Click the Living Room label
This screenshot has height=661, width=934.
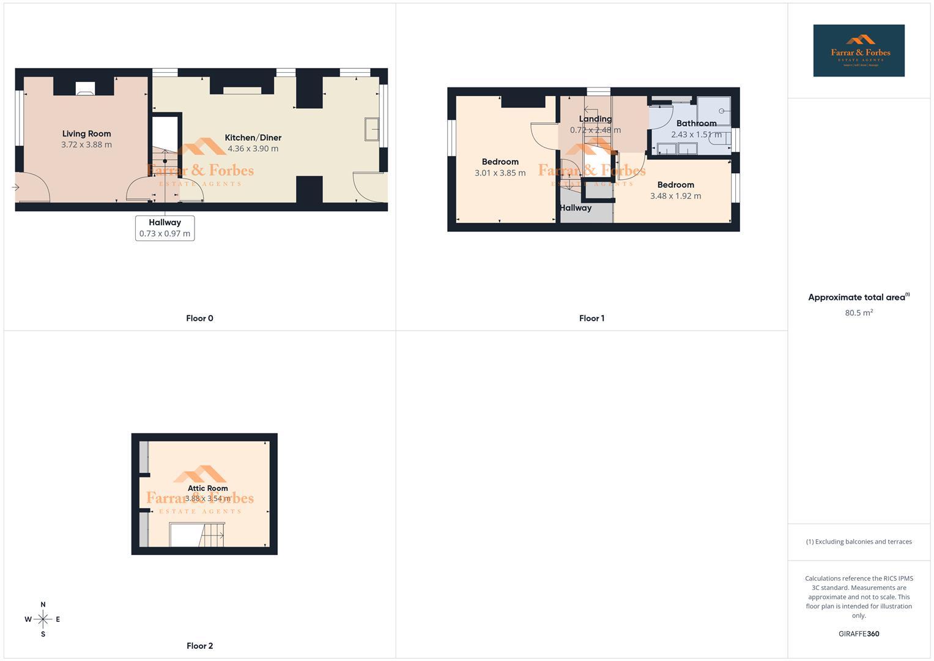[86, 134]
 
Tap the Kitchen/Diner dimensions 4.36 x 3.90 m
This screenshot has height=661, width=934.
[253, 149]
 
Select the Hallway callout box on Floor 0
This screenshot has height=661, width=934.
[165, 228]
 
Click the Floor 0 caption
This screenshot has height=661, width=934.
[199, 318]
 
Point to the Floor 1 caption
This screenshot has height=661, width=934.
[591, 318]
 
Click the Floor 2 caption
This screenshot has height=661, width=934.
[199, 646]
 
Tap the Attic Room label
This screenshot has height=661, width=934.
[207, 488]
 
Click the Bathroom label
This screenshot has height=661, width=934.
[696, 124]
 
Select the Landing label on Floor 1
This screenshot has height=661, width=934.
[595, 119]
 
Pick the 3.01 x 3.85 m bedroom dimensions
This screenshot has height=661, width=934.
[500, 173]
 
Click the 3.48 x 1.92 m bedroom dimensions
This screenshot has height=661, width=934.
[675, 196]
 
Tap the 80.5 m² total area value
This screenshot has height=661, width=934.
[859, 313]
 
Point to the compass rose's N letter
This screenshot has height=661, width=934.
[43, 605]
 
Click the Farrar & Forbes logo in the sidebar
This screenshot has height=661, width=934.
[859, 51]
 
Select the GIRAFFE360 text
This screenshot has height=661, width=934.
[859, 634]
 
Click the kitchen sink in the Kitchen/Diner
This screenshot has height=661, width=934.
[371, 129]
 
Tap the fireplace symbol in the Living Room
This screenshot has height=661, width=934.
[85, 89]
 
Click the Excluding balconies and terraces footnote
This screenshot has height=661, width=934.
[859, 542]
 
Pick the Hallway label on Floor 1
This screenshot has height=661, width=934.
[576, 208]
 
